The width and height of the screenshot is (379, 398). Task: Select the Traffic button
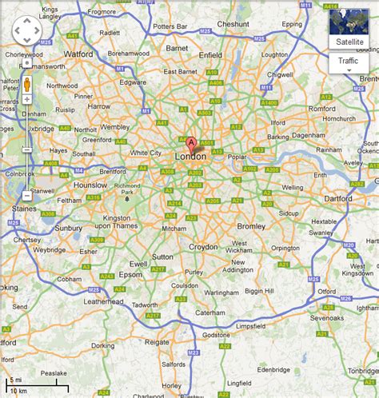349,61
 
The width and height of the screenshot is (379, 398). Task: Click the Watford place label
78,54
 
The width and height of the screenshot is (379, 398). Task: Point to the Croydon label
203,247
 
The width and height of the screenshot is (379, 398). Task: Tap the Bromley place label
251,226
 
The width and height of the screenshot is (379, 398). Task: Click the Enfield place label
210,55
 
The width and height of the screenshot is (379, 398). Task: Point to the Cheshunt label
233,25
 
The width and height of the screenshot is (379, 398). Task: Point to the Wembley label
114,126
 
